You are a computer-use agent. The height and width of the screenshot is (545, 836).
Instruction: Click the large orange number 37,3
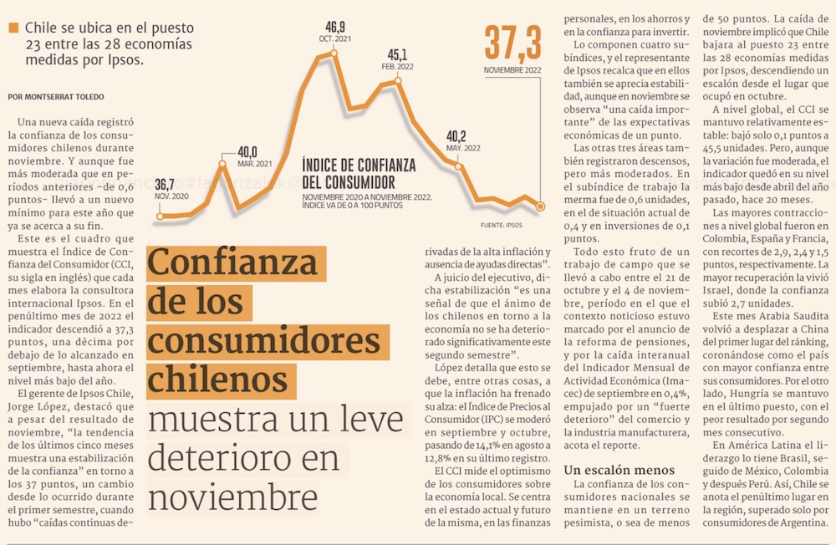click(x=513, y=43)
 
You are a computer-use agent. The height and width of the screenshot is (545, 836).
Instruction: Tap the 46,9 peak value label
click(x=335, y=26)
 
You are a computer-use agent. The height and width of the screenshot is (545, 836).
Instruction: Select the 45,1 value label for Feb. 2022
click(x=398, y=54)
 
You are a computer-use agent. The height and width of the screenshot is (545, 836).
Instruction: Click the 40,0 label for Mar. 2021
click(x=247, y=151)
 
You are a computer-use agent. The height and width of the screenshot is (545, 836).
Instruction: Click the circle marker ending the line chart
click(x=541, y=206)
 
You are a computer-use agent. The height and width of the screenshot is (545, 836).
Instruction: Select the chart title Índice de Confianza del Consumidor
click(x=347, y=173)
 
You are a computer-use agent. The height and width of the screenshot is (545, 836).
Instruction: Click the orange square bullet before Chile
click(x=13, y=28)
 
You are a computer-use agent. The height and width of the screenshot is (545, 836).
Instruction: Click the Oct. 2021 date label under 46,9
click(x=334, y=39)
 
